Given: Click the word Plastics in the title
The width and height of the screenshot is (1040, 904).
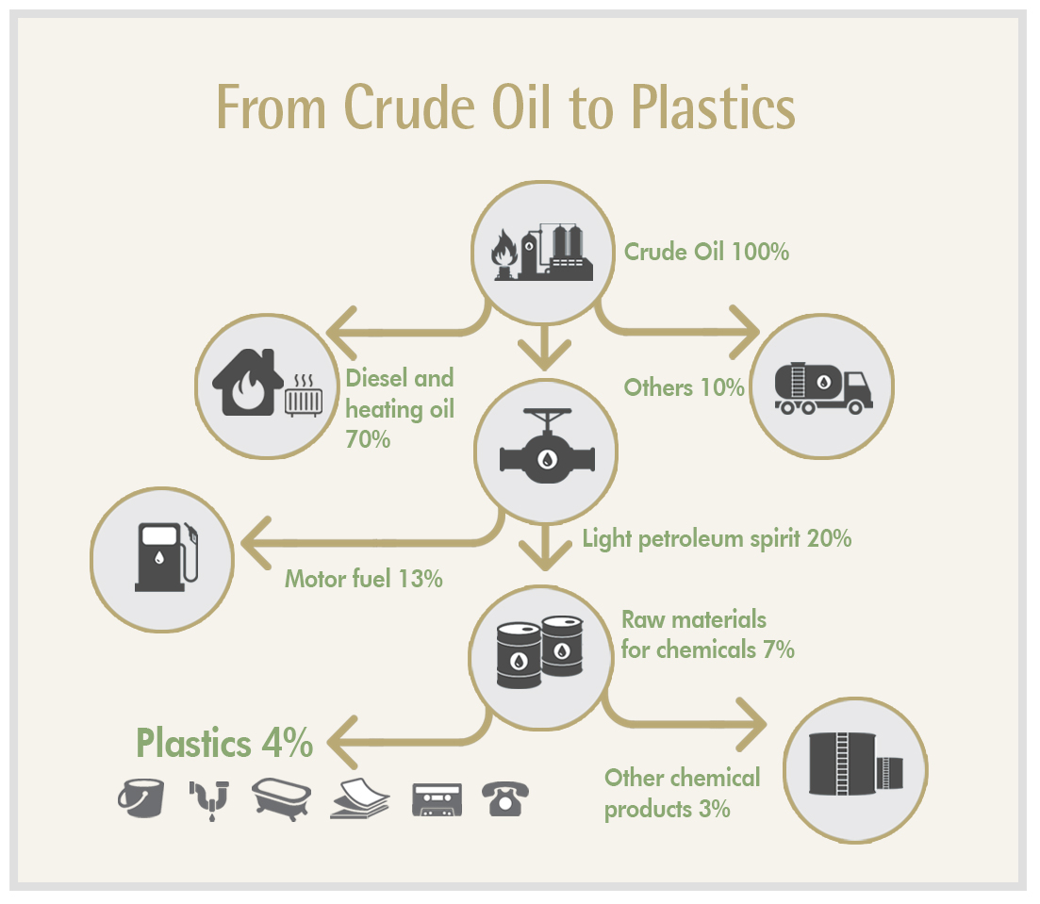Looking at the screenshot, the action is click(712, 107).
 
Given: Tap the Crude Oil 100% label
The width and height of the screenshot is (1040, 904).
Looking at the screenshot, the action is click(706, 252).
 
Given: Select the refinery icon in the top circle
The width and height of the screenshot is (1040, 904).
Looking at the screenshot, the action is click(542, 253).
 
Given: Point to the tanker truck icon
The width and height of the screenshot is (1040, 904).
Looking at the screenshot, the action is click(823, 387).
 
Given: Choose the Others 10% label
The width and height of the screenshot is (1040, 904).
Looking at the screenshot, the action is click(684, 387).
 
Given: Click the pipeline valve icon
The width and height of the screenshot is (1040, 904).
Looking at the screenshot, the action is click(547, 446).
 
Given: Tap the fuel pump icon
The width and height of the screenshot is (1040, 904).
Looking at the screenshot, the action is click(167, 556).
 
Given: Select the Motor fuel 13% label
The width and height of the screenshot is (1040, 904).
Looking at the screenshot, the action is click(363, 579).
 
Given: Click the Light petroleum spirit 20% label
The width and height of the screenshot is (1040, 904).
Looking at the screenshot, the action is click(717, 538).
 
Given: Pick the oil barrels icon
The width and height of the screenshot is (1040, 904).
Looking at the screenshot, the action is click(540, 652).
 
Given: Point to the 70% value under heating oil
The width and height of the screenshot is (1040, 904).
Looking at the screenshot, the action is click(368, 439).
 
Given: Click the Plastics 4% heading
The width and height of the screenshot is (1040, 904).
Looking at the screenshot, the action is click(224, 743).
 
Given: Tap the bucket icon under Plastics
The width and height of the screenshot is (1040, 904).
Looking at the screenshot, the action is click(141, 797).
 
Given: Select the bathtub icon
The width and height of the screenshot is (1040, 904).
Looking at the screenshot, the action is click(281, 799).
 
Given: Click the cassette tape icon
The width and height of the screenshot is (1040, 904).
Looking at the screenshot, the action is click(437, 800).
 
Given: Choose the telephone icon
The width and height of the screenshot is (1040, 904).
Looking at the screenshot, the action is click(504, 798).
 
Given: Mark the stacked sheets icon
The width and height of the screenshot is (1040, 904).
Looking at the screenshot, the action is click(359, 798).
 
